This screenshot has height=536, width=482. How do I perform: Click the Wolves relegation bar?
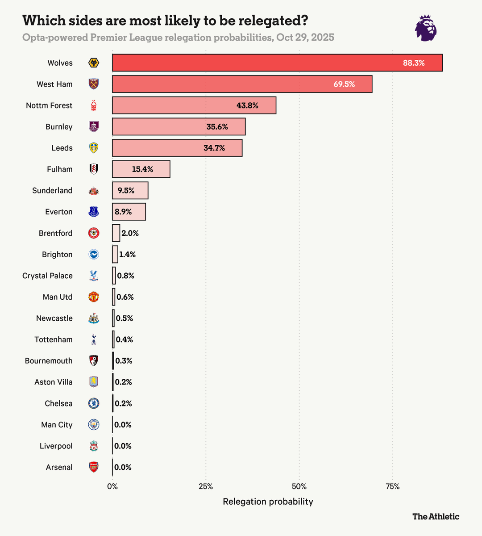click(x=277, y=63)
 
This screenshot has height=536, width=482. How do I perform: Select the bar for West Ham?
click(x=242, y=84)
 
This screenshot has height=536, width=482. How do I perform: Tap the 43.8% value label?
click(x=247, y=105)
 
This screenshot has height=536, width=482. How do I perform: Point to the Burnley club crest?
click(x=94, y=126)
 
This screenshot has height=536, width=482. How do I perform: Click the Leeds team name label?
click(x=62, y=148)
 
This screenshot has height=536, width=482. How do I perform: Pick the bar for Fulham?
click(x=141, y=169)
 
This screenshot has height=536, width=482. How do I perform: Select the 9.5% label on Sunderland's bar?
click(x=126, y=190)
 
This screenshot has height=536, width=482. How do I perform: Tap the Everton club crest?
click(x=94, y=212)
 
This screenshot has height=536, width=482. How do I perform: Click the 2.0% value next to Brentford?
click(x=130, y=233)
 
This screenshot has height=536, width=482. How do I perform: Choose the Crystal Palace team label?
click(x=47, y=276)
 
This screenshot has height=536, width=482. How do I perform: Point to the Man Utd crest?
click(x=94, y=297)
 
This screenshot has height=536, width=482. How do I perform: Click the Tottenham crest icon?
click(x=94, y=339)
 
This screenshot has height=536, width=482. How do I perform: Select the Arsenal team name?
click(x=59, y=467)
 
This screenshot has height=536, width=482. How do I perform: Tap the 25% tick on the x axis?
click(x=206, y=486)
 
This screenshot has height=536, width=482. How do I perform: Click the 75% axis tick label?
click(x=393, y=486)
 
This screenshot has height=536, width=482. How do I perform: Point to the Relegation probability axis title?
click(x=268, y=502)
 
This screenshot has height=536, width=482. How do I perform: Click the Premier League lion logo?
click(x=425, y=28)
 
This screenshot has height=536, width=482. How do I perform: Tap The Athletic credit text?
click(x=436, y=516)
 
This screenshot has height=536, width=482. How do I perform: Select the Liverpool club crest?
click(x=94, y=446)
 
